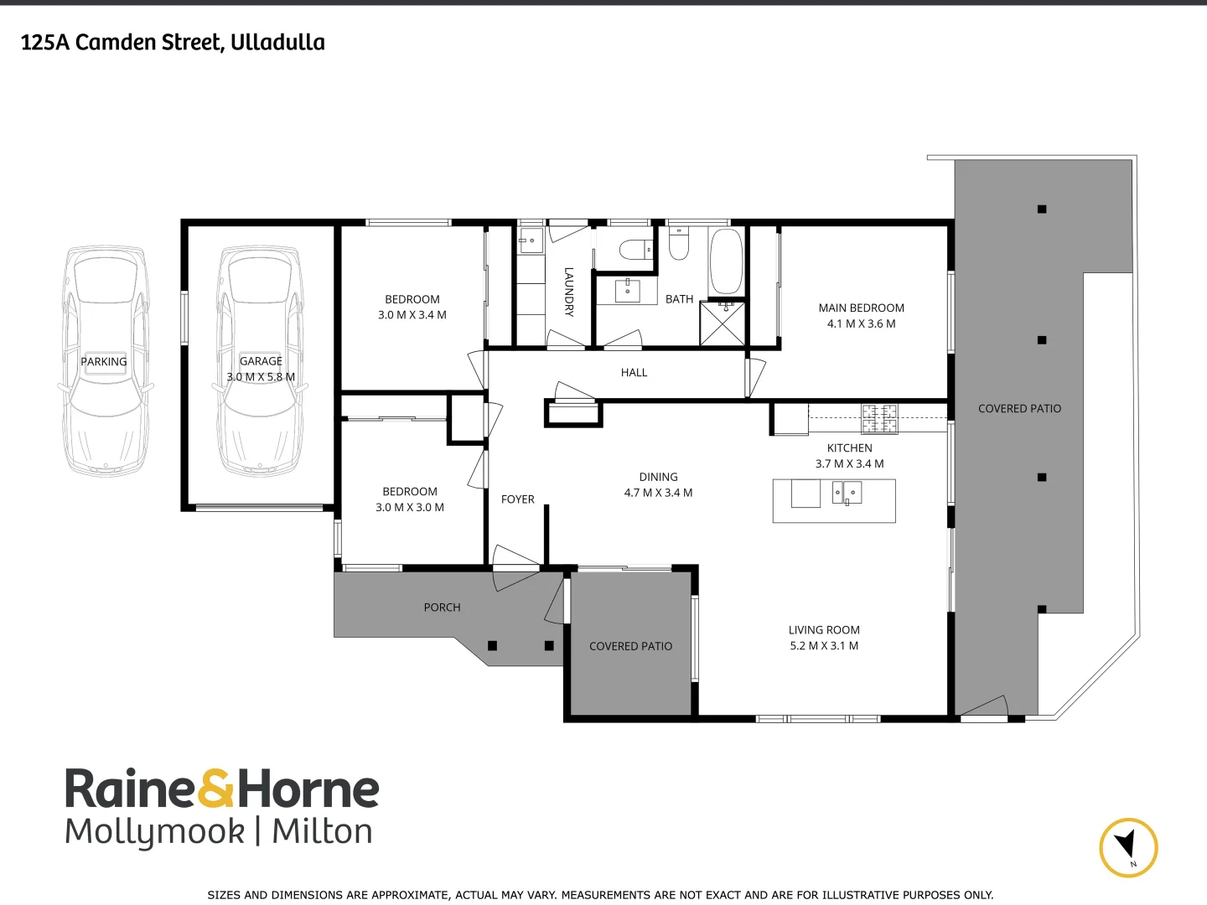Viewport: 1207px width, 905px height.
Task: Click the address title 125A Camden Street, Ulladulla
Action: tap(173, 42)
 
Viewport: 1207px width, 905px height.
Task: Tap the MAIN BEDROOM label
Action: tap(861, 308)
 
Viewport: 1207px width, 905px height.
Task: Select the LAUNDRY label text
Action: tap(568, 291)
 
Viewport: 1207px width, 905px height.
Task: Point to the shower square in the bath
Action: tap(723, 323)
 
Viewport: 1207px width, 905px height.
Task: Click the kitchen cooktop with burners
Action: tap(879, 418)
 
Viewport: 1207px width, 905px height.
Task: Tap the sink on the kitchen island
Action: tap(847, 493)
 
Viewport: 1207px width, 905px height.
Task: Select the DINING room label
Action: tap(658, 477)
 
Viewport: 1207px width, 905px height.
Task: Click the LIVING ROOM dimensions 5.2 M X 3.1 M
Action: tap(824, 646)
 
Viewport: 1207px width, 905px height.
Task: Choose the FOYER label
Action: tap(517, 499)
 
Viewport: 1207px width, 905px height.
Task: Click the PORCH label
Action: tap(442, 608)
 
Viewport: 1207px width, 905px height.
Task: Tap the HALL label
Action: tap(634, 373)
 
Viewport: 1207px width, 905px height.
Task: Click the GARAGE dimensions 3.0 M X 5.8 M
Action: tap(261, 377)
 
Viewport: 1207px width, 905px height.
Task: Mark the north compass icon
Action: tap(1128, 847)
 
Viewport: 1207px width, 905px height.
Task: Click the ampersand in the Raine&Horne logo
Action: tap(216, 789)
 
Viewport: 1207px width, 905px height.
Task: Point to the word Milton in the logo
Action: tap(322, 831)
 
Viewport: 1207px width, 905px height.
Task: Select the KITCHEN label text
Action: tap(849, 448)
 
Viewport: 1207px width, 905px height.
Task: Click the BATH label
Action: tap(679, 299)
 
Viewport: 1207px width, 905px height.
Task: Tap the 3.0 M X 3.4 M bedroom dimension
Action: tap(412, 315)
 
